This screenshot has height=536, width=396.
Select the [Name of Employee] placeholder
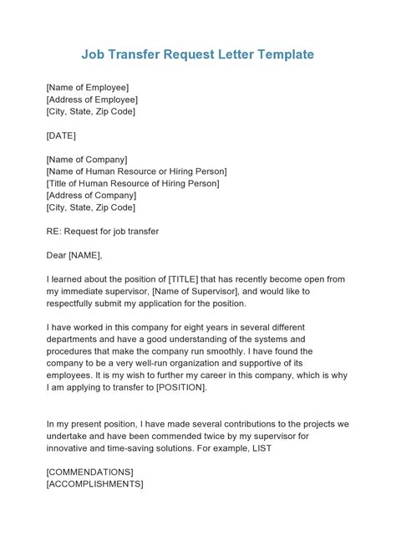pyautogui.click(x=88, y=86)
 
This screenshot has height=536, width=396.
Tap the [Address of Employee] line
pyautogui.click(x=92, y=99)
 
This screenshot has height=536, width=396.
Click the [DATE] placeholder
pyautogui.click(x=61, y=135)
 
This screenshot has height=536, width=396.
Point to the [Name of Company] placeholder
pyautogui.click(x=87, y=159)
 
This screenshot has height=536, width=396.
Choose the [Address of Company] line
pyautogui.click(x=90, y=195)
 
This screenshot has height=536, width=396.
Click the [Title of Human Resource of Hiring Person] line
pyautogui.click(x=133, y=183)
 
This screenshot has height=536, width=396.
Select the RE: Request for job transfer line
pyautogui.click(x=103, y=231)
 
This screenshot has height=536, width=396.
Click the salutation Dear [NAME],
pyautogui.click(x=74, y=255)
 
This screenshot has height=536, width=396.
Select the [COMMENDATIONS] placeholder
pyautogui.click(x=89, y=472)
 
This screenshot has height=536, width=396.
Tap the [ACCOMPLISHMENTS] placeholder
pyautogui.click(x=94, y=483)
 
